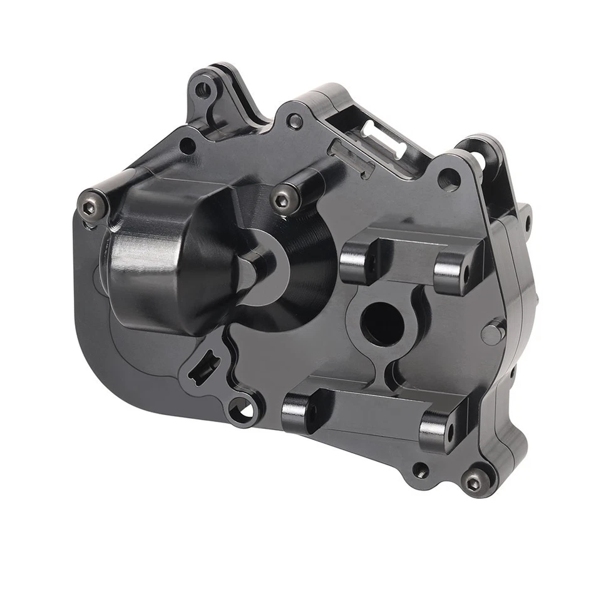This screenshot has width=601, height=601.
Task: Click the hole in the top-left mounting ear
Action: (202, 90)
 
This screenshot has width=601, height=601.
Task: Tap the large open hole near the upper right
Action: (449, 180)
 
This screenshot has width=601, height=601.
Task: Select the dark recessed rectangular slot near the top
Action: (351, 157)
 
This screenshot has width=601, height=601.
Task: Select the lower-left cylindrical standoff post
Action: (298, 413)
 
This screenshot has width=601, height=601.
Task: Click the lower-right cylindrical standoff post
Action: (436, 431)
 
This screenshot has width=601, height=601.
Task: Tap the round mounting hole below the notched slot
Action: (242, 412)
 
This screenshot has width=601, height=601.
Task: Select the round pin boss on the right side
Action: (493, 332)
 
